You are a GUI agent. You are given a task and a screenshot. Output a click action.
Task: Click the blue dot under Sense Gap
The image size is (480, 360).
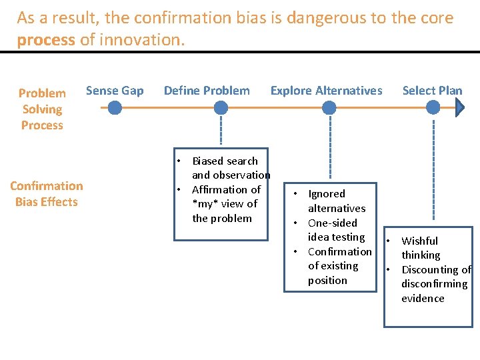pos(115,107)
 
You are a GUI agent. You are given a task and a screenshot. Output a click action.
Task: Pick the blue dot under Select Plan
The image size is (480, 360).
pos(435,107)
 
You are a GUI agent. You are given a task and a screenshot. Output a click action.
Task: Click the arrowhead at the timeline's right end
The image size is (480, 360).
pos(460,107)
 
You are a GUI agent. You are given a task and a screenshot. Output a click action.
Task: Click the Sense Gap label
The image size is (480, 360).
pos(115,91)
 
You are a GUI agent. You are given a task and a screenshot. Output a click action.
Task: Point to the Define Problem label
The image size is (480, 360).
pos(207,91)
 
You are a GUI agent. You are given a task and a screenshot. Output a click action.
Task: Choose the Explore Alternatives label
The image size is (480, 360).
pos(326,91)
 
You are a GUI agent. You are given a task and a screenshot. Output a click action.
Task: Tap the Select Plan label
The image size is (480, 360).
pos(432,91)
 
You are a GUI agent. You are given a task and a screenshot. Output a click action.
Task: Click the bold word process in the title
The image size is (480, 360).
pos(46,40)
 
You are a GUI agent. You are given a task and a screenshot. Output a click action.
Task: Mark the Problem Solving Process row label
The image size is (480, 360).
pos(42,109)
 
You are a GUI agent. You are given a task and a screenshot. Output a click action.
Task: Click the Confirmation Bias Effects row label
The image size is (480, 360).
pos(47,194)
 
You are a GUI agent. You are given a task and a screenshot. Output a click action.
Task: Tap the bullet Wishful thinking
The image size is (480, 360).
pos(420,248)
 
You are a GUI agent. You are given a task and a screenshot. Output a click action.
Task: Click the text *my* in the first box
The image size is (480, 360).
pos(205,204)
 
